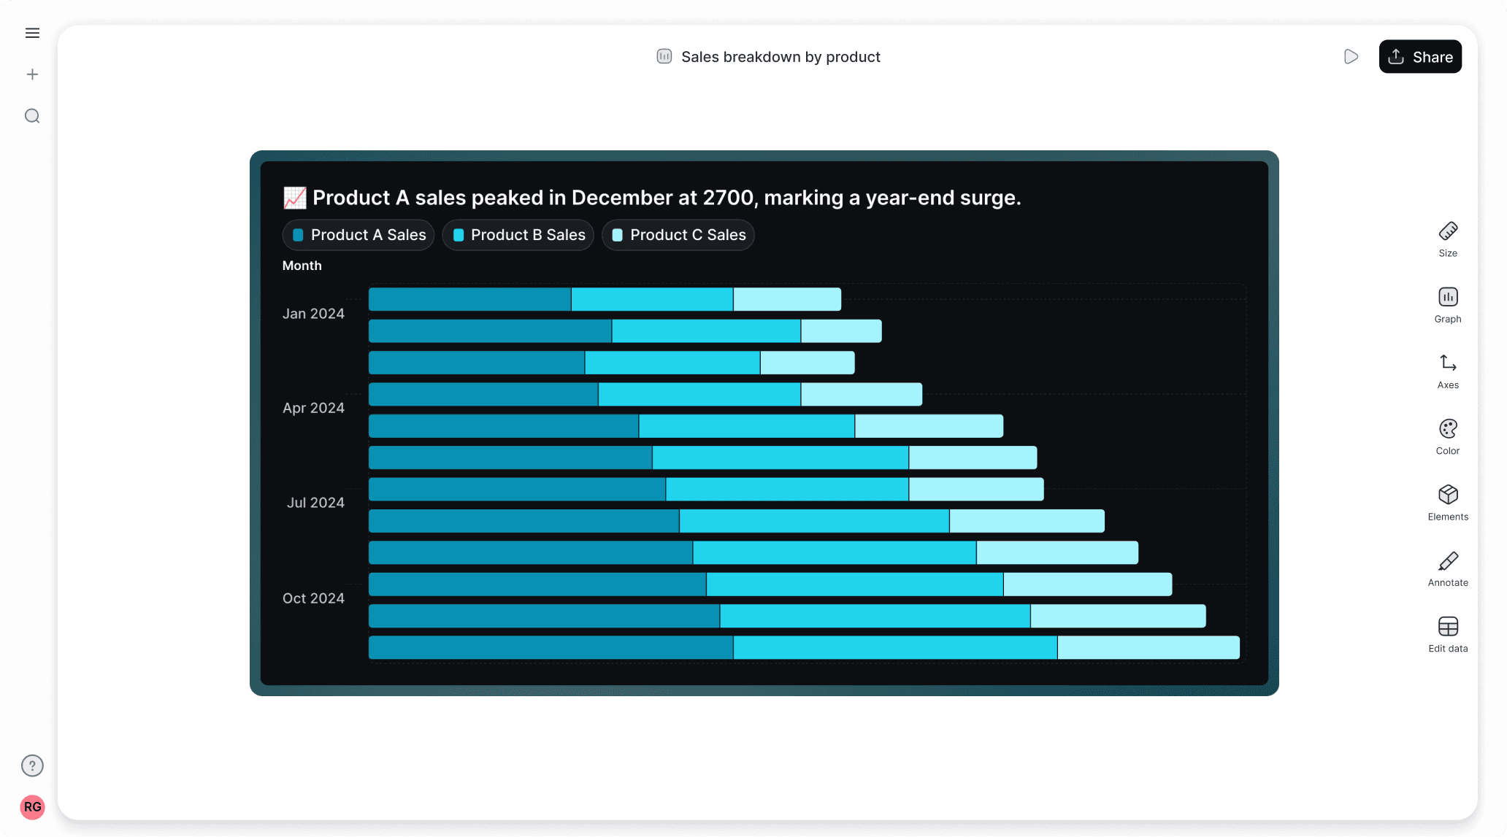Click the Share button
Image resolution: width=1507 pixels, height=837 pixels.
[1420, 57]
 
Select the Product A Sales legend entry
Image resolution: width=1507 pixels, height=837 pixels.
[358, 235]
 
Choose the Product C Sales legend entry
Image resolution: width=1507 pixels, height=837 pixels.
[678, 235]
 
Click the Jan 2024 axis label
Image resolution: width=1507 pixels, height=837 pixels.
[313, 314]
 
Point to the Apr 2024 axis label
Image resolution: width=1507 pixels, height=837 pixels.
[313, 408]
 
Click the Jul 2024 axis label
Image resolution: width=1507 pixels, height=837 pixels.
[315, 503]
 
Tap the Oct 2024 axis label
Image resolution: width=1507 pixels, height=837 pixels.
[313, 598]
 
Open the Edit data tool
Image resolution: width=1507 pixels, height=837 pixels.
[1448, 634]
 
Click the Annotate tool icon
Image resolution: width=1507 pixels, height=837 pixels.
[1448, 562]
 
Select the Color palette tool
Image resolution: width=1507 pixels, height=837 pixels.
[1448, 429]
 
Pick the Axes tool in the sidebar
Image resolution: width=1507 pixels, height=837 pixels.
[1448, 363]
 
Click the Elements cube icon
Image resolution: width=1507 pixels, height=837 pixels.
[1448, 495]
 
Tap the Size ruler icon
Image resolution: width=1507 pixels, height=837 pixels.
[1448, 231]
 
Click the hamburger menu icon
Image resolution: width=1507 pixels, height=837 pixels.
[32, 33]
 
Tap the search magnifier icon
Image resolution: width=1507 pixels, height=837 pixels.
[32, 116]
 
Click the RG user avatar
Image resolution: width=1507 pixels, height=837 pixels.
[32, 807]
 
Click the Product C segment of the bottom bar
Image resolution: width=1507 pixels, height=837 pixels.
[1148, 648]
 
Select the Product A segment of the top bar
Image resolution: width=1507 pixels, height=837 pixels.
[469, 299]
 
